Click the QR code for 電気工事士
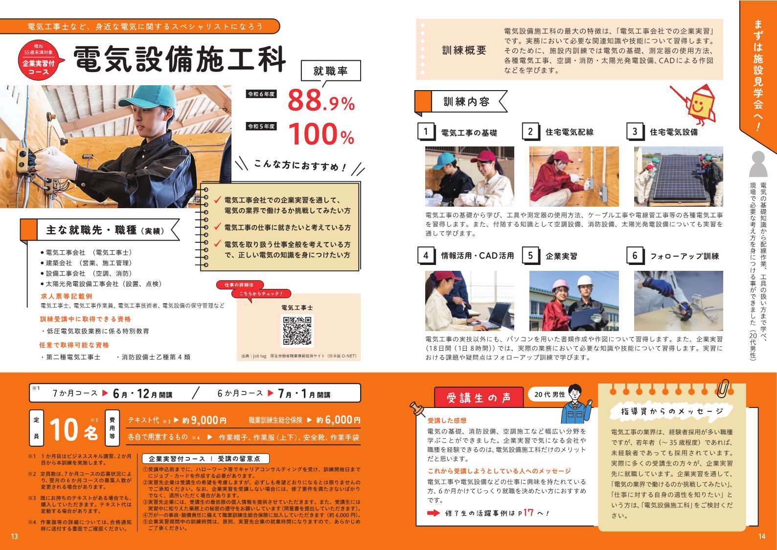click(x=297, y=331)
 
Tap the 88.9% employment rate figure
click(x=321, y=100)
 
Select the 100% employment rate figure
click(x=321, y=134)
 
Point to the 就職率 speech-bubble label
click(x=331, y=71)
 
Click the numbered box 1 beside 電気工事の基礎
click(x=426, y=131)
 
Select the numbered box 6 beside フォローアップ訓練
click(x=635, y=256)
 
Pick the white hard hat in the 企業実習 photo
click(x=586, y=281)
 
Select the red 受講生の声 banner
click(x=479, y=397)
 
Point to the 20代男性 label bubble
click(x=550, y=394)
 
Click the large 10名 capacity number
click(x=74, y=430)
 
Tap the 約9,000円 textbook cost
click(x=205, y=421)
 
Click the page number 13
click(x=14, y=536)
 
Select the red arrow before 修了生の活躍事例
click(x=433, y=513)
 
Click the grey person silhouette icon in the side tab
click(x=758, y=164)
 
